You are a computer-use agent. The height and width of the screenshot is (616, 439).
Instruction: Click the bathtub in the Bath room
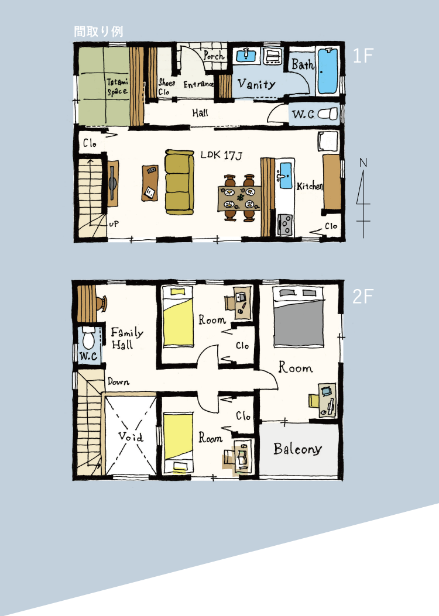327,70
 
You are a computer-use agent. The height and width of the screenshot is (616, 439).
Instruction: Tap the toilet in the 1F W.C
328,114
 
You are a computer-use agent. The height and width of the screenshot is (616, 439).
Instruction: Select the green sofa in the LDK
179,182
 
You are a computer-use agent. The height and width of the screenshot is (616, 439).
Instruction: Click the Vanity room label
256,84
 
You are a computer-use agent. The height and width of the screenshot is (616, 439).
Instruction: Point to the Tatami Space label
118,87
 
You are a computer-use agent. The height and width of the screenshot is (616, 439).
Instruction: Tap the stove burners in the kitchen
285,225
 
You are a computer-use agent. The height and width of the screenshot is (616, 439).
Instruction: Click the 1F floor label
362,56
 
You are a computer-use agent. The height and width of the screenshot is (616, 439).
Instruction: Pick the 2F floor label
362,296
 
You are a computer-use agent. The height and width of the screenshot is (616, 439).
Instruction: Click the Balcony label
297,449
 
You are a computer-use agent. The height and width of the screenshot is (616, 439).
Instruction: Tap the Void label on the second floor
131,436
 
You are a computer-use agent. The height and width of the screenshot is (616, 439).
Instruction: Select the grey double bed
299,317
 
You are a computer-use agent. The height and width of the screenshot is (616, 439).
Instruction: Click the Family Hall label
126,338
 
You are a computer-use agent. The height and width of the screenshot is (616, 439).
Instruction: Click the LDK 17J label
221,155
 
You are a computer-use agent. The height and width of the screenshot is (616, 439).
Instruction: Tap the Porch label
214,56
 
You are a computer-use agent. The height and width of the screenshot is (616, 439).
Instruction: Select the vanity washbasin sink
246,56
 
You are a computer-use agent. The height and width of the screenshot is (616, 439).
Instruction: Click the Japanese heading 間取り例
99,32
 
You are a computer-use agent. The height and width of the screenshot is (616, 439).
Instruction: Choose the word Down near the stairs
118,381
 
